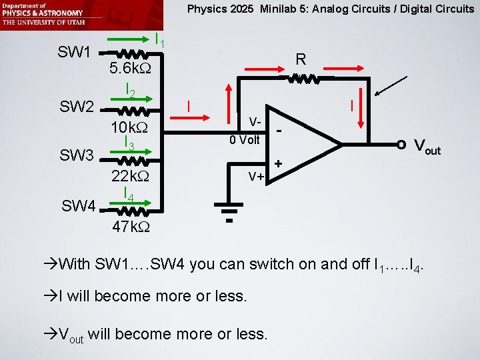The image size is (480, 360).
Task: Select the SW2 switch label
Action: click(75, 105)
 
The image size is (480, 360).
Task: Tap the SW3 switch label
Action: click(75, 156)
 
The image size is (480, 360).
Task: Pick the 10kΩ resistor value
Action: click(129, 126)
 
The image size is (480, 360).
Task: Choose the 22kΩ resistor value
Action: click(129, 177)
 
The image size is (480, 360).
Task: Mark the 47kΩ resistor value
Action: click(131, 227)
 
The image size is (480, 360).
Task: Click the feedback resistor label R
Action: click(301, 59)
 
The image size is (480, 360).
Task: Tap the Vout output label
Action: click(427, 146)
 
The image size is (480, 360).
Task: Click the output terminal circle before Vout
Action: click(401, 144)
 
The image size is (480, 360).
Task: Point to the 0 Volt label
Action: click(245, 140)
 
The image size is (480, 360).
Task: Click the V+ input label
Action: click(256, 176)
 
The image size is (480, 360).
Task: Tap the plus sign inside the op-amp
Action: click(278, 163)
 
